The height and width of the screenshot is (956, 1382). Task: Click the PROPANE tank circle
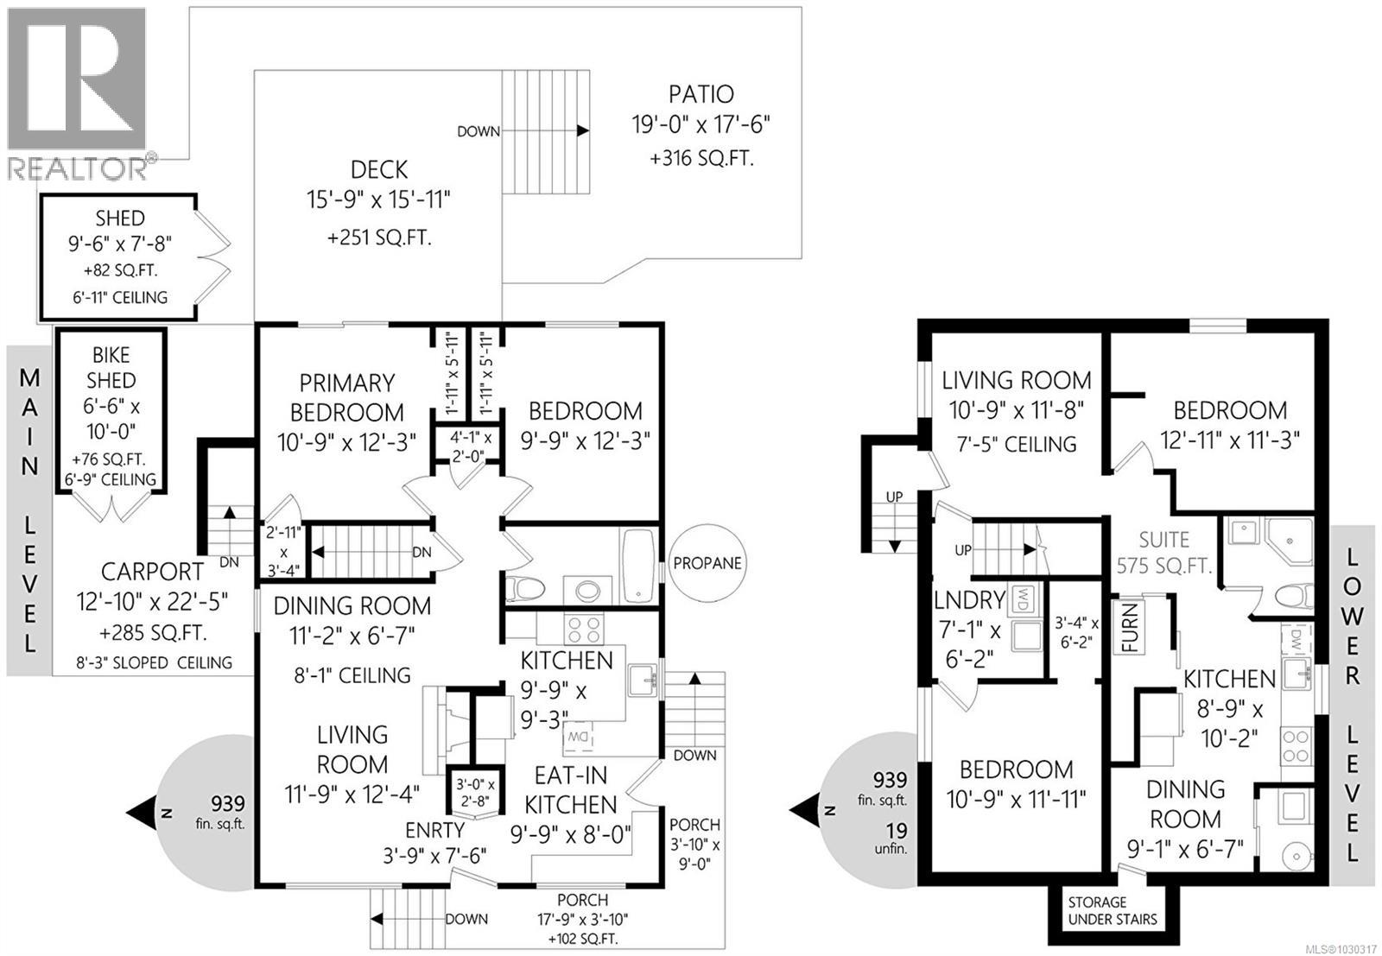(x=707, y=563)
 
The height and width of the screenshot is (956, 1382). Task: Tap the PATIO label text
(x=701, y=94)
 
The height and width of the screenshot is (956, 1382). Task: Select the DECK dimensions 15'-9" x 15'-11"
(x=379, y=200)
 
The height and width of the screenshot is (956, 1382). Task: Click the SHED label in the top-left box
(x=120, y=218)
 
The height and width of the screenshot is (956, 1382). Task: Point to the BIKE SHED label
(x=111, y=368)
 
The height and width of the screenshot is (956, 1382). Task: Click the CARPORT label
(x=153, y=572)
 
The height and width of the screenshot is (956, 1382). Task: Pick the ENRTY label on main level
(x=435, y=831)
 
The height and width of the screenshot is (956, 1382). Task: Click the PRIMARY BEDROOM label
(x=346, y=397)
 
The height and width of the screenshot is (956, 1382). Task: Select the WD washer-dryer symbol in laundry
(x=1022, y=597)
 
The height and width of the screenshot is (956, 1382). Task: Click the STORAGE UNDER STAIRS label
(x=1112, y=910)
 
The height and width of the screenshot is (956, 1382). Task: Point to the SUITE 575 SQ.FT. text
(x=1164, y=553)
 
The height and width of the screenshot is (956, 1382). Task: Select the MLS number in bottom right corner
(x=1343, y=947)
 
